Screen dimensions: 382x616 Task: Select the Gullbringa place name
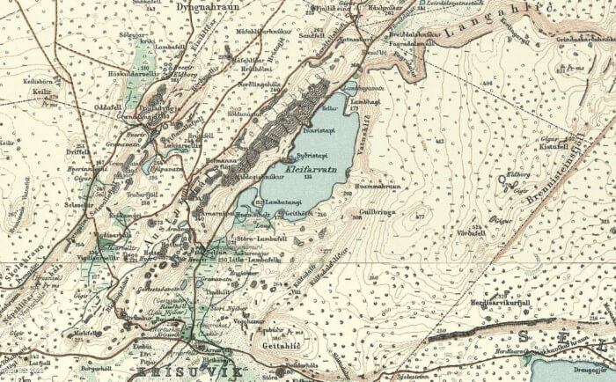point(377,212)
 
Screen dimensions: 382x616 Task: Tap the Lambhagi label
point(364,102)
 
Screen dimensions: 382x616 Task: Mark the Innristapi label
point(315,130)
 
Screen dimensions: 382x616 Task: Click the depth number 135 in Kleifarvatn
point(308,177)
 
